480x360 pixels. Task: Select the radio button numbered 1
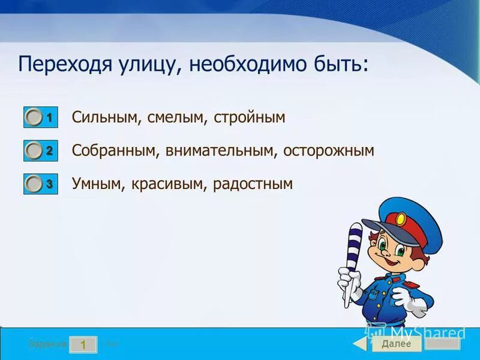click(x=35, y=118)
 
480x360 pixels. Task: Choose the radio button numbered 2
click(x=35, y=151)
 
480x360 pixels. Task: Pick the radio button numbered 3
click(x=35, y=184)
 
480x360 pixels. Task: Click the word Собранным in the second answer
click(x=113, y=151)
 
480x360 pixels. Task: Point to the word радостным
click(x=253, y=184)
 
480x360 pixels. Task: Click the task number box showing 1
click(x=83, y=344)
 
